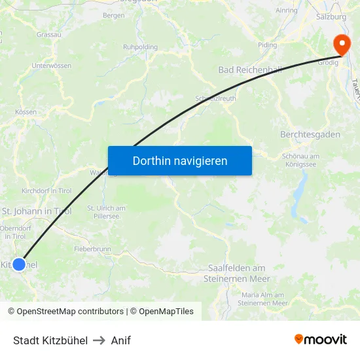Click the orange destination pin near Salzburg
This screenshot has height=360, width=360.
342,45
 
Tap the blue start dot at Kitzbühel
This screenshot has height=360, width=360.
19,264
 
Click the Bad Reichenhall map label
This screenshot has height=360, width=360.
249,70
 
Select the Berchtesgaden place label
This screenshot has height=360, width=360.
310,134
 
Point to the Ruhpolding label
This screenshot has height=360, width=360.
140,47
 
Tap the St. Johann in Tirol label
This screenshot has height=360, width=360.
36,211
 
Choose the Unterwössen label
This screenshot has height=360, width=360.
51,65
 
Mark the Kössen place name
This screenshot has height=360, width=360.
26,112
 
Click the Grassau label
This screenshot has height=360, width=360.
49,34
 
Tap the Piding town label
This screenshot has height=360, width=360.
267,45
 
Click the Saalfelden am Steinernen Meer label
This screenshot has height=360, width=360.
236,273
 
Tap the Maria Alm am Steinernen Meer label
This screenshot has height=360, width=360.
262,299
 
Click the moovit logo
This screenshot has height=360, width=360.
321,340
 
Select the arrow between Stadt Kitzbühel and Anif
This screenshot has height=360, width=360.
99,340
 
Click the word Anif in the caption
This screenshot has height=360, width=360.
121,340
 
